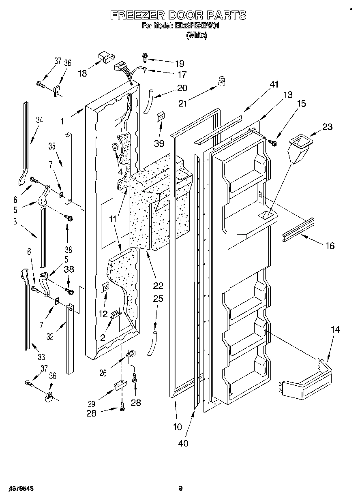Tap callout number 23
pos(327,127)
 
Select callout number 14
pos(335,330)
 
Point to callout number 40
pos(183,443)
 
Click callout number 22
pos(158,285)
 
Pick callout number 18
pos(82,73)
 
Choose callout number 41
pos(274,84)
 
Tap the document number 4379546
pos(20,489)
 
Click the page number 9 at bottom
pos(181,489)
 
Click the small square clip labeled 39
pos(161,117)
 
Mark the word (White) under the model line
pos(196,36)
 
